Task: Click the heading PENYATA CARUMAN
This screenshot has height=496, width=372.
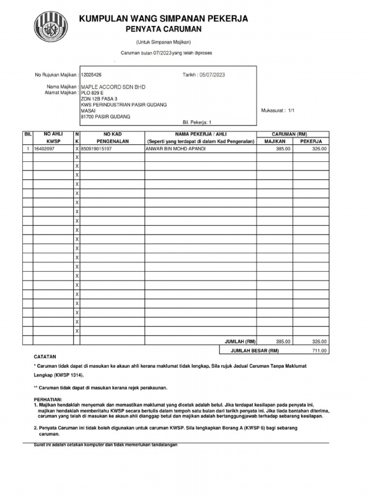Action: (x=163, y=30)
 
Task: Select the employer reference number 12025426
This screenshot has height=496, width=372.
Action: (x=92, y=75)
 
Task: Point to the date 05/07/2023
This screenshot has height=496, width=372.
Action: (x=212, y=75)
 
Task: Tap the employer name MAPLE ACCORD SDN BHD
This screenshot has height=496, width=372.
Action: (x=112, y=86)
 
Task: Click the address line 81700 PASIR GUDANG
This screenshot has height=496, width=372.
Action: (x=105, y=117)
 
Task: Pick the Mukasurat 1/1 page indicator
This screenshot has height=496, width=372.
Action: (x=278, y=110)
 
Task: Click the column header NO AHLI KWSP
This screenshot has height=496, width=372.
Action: (x=53, y=138)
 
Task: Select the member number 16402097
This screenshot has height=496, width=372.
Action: (x=44, y=149)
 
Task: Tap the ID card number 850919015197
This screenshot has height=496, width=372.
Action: (x=96, y=149)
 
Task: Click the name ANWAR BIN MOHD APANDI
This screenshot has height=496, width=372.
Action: (x=175, y=149)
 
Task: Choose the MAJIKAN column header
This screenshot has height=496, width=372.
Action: (x=274, y=141)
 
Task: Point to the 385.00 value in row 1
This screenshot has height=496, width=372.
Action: (x=283, y=149)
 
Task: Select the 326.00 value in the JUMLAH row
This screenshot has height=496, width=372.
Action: (x=319, y=341)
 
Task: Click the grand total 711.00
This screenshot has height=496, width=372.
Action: (x=319, y=351)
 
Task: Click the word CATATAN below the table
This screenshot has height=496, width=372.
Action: (x=45, y=356)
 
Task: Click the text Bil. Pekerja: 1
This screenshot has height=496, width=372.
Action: (x=197, y=123)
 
